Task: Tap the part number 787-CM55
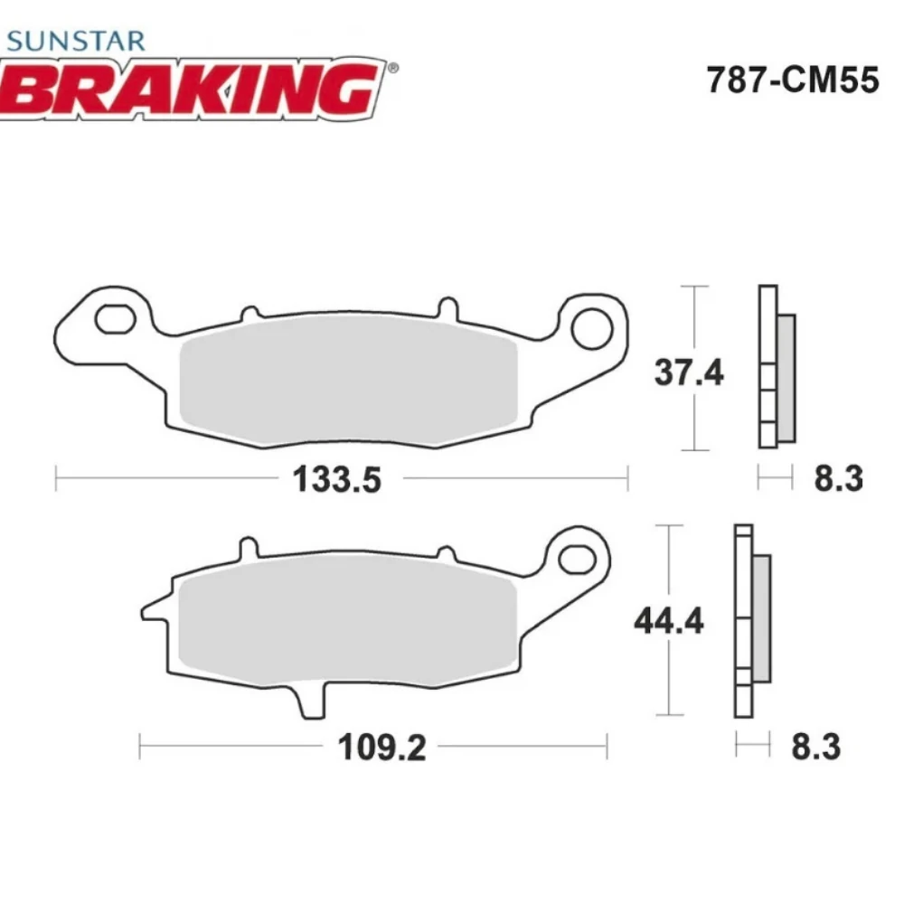(x=792, y=80)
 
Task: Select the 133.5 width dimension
(x=336, y=479)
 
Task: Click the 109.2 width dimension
(x=381, y=748)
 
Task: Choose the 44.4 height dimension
(x=668, y=621)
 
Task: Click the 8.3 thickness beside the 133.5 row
(x=839, y=478)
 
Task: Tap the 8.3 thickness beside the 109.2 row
(x=815, y=748)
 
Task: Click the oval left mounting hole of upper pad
(x=115, y=319)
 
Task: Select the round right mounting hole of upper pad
(x=593, y=325)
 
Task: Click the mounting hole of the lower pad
(x=574, y=559)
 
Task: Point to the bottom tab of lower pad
(x=309, y=702)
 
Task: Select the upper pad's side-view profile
(x=775, y=366)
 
